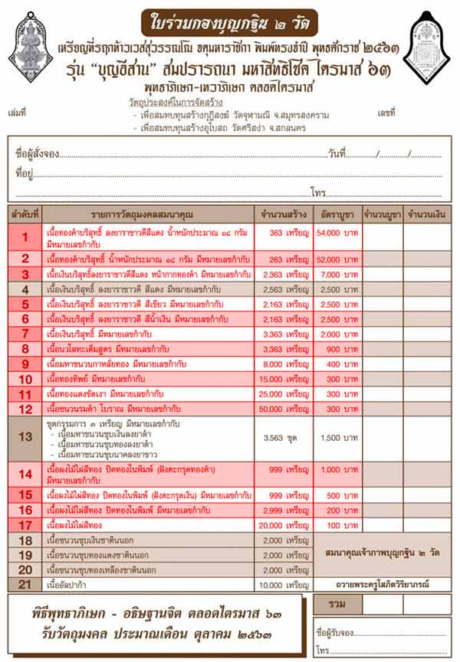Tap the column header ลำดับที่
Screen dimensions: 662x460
pos(25,213)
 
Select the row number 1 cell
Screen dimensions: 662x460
pos(25,237)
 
